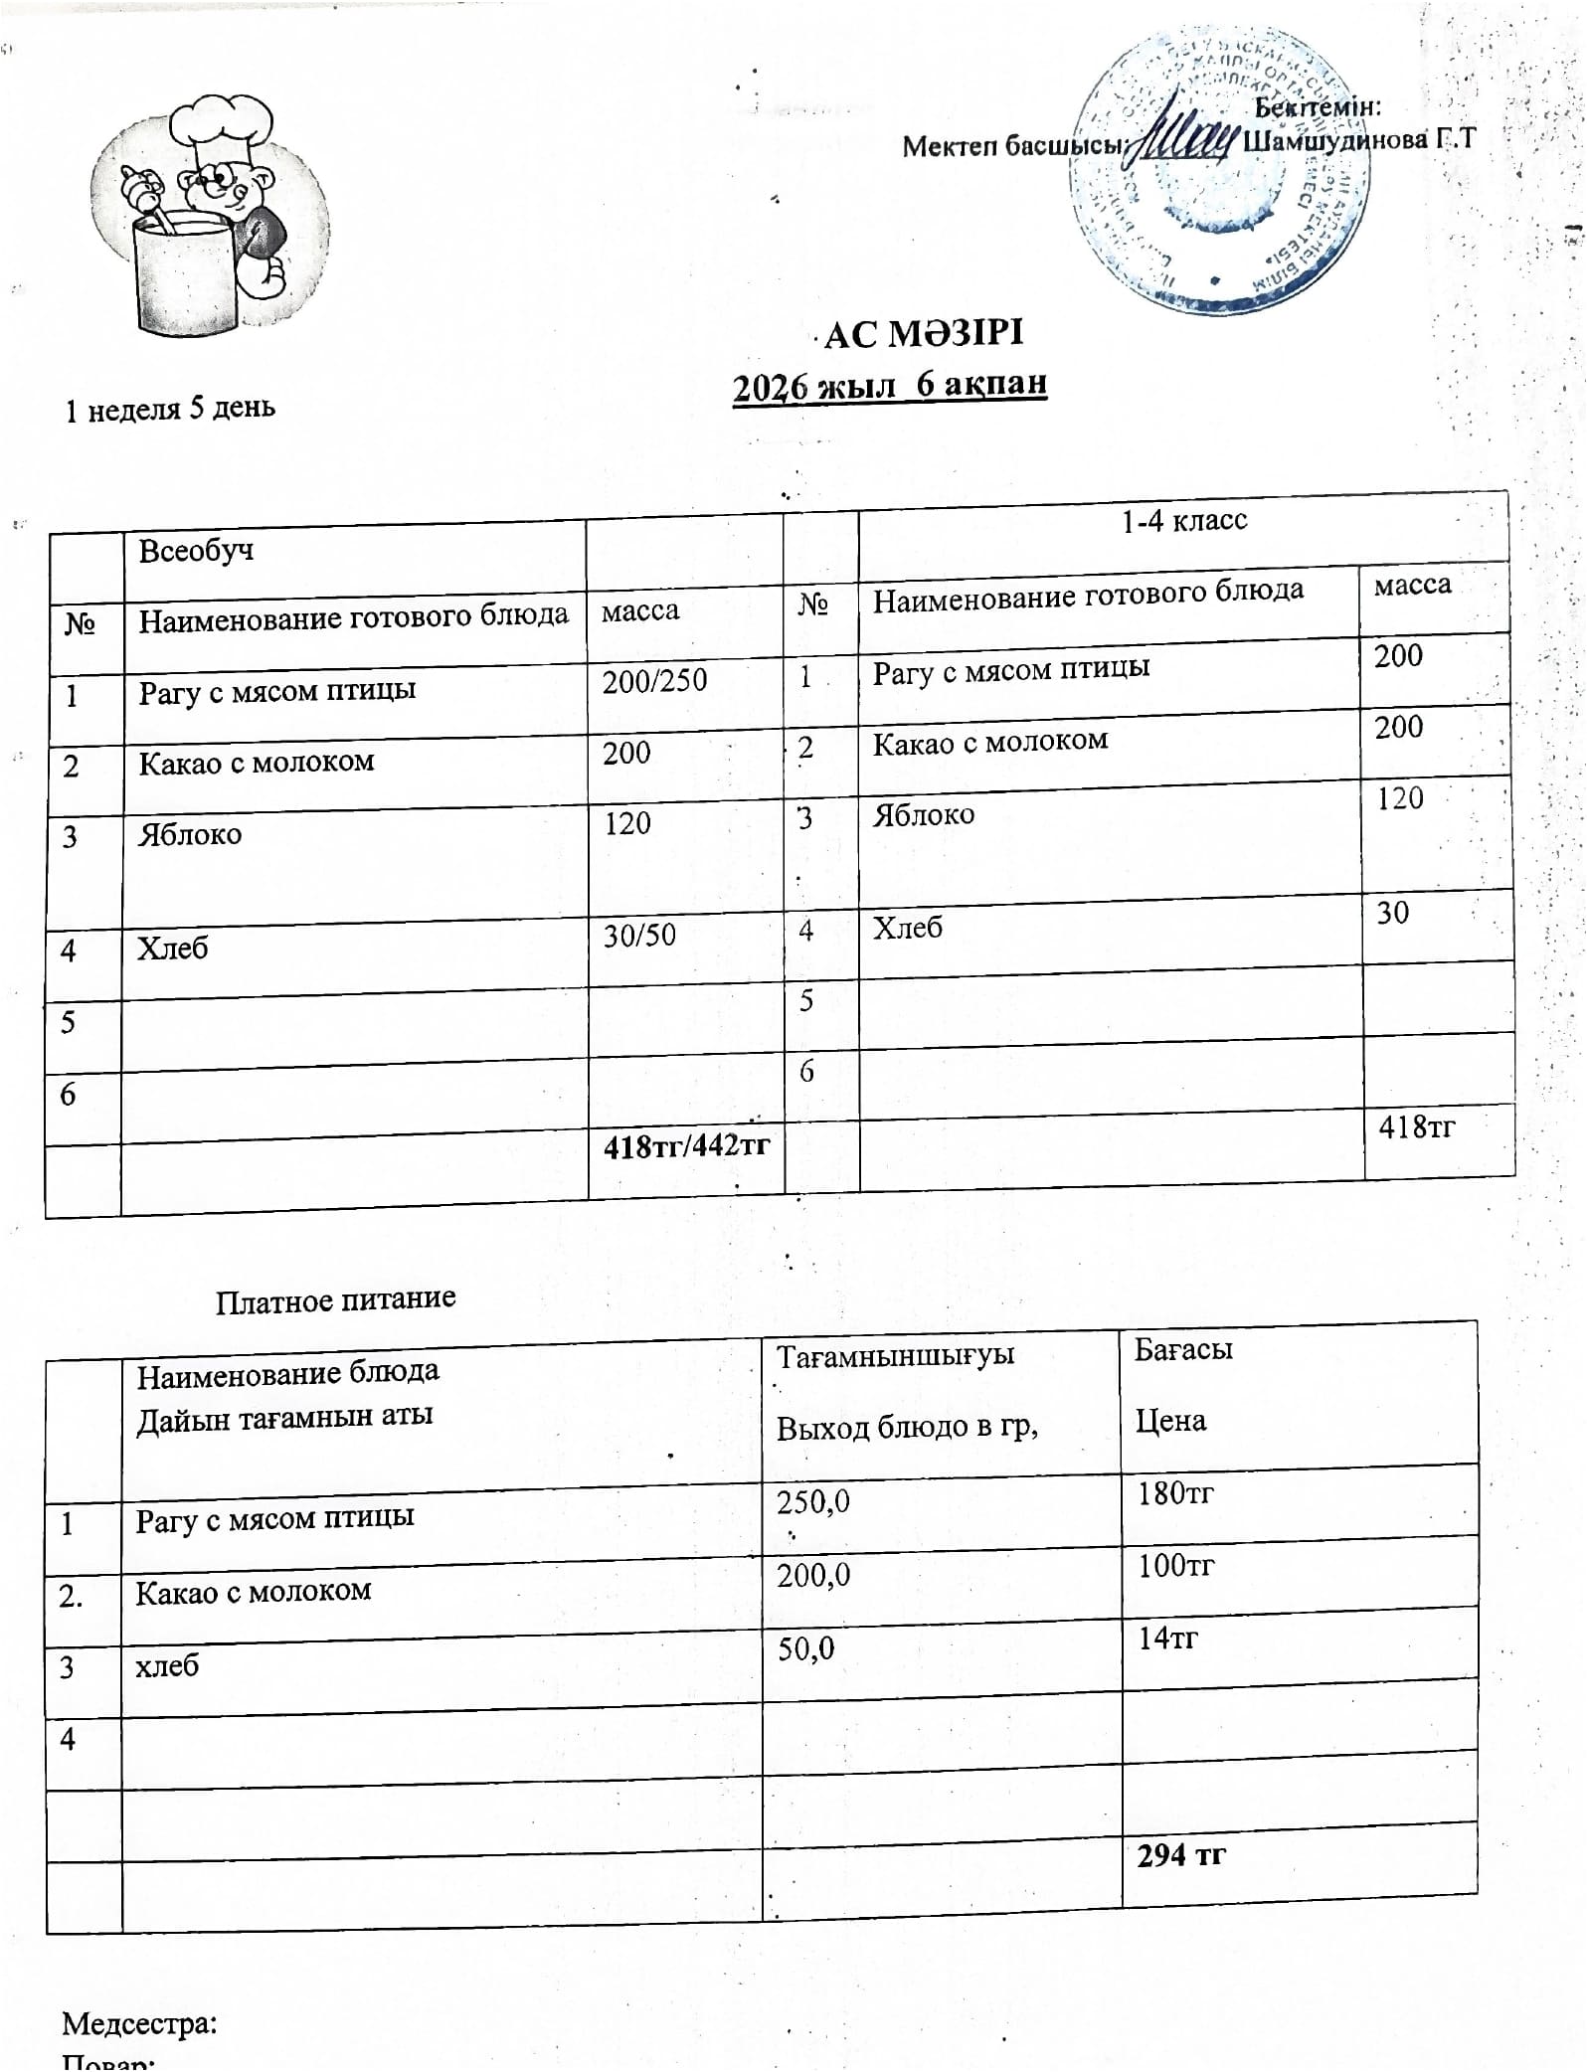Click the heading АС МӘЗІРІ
coord(923,334)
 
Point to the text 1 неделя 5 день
coord(170,409)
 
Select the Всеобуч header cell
coord(196,550)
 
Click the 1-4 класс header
coord(1183,521)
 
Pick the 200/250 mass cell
coord(654,681)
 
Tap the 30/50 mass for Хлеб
coord(639,935)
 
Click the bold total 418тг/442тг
coord(686,1146)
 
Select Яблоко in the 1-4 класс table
coord(924,815)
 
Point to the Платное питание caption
coord(335,1298)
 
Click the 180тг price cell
coord(1175,1492)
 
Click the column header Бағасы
coord(1183,1349)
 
